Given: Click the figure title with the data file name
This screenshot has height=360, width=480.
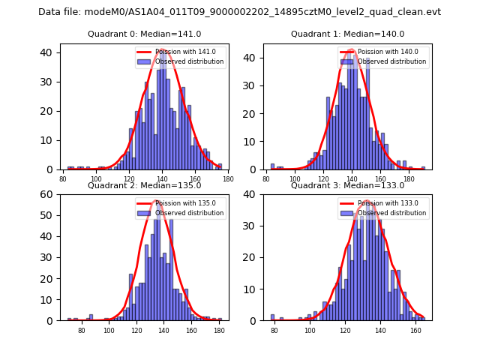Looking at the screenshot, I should click(240, 12).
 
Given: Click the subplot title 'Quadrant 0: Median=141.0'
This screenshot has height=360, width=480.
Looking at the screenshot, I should click(145, 34).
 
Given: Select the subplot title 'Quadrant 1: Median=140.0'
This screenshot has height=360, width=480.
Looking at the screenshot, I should click(347, 34).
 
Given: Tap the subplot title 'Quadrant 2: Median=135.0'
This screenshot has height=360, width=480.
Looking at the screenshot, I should click(145, 185).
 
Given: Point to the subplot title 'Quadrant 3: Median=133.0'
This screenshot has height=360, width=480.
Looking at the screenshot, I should click(347, 185).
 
